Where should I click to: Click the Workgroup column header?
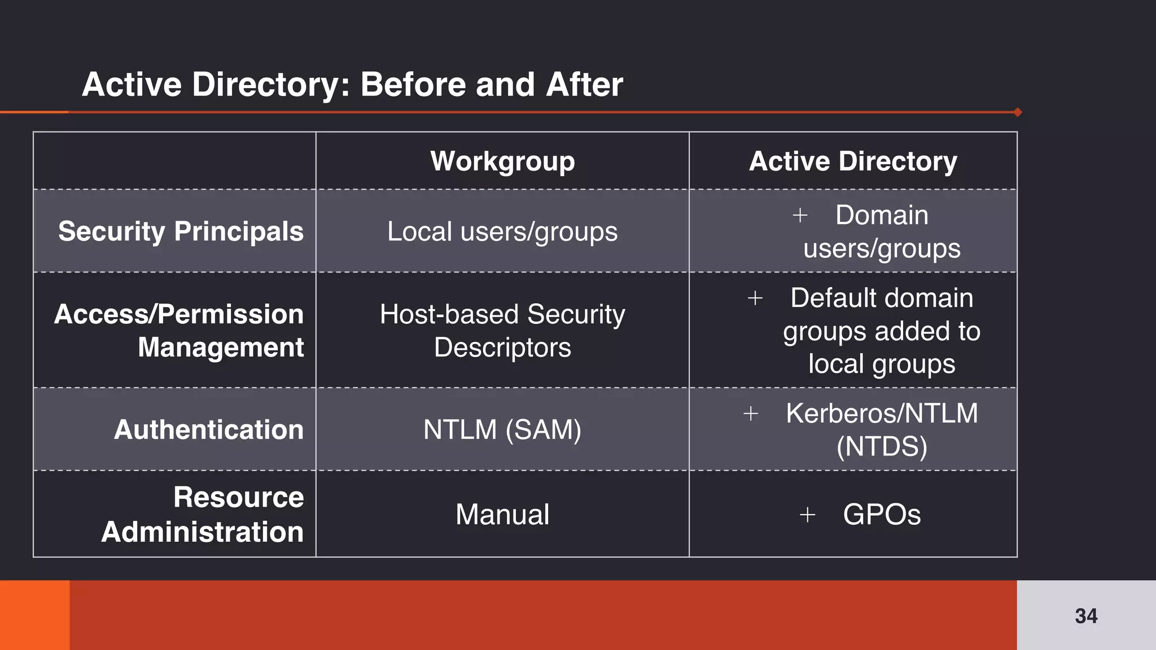coord(502,161)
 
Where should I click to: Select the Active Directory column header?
coord(853,161)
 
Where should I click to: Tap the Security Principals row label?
coord(181,231)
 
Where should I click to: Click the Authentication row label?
coord(209,429)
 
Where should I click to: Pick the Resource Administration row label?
coord(203,514)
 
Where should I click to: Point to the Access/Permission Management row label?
coord(179,330)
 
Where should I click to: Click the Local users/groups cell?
coord(502,231)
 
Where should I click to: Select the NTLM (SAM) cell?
coord(502,429)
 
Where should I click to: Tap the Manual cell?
coord(502,514)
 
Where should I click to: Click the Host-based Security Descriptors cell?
coord(502,330)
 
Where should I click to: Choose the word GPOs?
coord(882,514)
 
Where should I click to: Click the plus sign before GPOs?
coord(807,514)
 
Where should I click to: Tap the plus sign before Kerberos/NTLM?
coord(751,414)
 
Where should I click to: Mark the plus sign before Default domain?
coord(755,298)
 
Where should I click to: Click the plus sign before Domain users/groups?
coord(800,215)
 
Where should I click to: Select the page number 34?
coord(1086,616)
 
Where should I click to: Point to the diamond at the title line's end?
coord(1018,112)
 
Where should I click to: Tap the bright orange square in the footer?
coord(34,615)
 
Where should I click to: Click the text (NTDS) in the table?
coord(882,446)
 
